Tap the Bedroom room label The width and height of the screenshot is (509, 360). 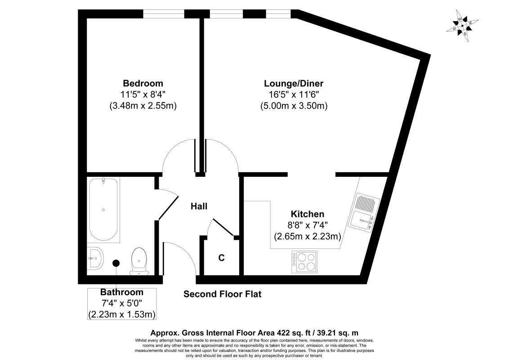[143, 83]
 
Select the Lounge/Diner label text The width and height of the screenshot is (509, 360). [294, 83]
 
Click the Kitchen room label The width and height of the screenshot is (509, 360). [307, 214]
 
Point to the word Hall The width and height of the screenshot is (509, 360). [199, 207]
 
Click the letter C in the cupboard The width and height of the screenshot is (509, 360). [221, 258]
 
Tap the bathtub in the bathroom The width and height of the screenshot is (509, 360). [104, 210]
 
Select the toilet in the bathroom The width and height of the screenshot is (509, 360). [138, 261]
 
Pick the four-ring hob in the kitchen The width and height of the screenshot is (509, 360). [304, 261]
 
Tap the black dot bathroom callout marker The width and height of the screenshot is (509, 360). [116, 263]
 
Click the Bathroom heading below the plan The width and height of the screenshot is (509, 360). [122, 292]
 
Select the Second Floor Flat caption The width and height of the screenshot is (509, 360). [222, 294]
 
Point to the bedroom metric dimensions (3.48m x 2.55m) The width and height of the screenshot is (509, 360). [143, 106]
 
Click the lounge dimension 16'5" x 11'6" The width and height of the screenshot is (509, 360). [294, 95]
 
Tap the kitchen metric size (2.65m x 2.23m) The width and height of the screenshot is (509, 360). [307, 236]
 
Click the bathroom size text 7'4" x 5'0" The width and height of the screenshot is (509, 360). [122, 303]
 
